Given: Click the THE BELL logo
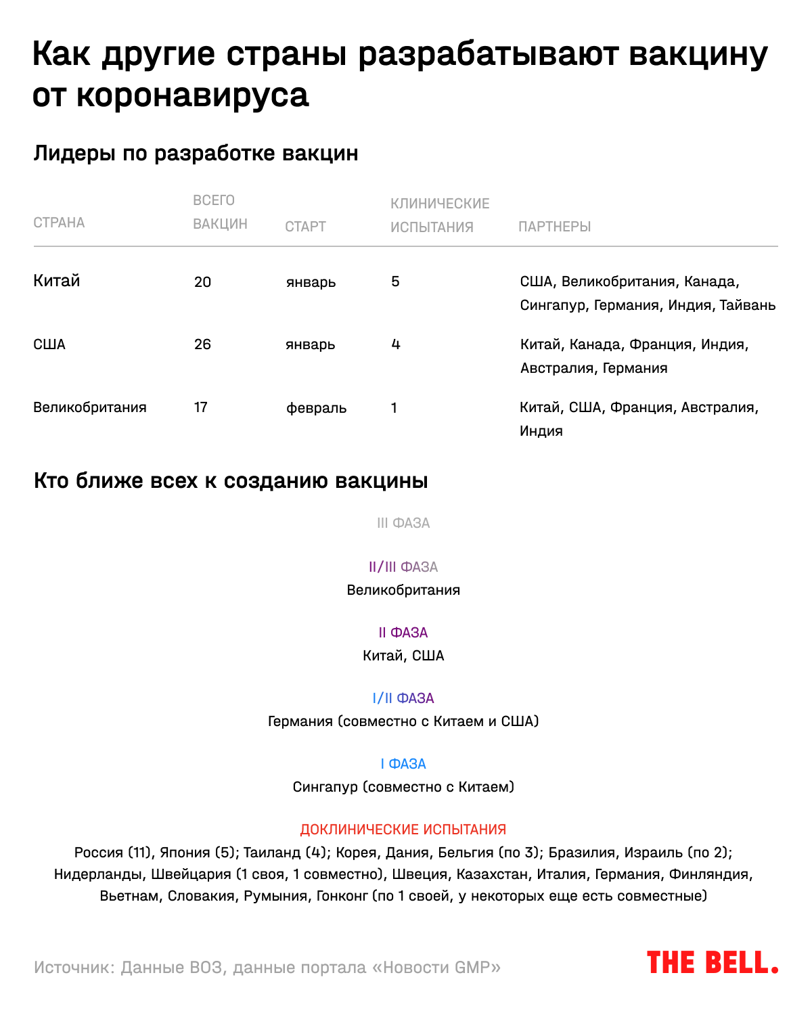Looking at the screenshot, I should click(x=712, y=962).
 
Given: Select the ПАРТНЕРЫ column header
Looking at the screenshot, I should click(x=554, y=227).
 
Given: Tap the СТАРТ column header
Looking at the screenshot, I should click(x=305, y=227).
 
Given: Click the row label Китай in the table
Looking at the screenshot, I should click(x=57, y=281).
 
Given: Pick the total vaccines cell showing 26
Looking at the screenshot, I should click(x=202, y=344).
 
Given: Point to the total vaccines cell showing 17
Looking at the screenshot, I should click(x=201, y=407).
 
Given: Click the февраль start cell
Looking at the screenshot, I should click(x=316, y=408).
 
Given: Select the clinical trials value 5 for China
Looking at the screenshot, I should click(x=395, y=281).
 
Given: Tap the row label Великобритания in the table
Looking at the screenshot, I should click(x=90, y=407).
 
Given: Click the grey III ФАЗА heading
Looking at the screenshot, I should click(x=403, y=523).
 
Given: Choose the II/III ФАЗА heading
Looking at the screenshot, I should click(x=403, y=567).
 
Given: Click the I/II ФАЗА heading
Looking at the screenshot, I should click(x=403, y=698).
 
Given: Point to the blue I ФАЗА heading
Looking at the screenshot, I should click(x=403, y=764).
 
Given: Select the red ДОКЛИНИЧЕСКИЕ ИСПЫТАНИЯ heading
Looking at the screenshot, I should click(x=403, y=830).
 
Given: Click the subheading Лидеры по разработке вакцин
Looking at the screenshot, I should click(x=196, y=154).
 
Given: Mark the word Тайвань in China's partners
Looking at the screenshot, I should click(x=747, y=305).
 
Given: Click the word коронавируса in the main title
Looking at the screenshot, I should click(x=192, y=95).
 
